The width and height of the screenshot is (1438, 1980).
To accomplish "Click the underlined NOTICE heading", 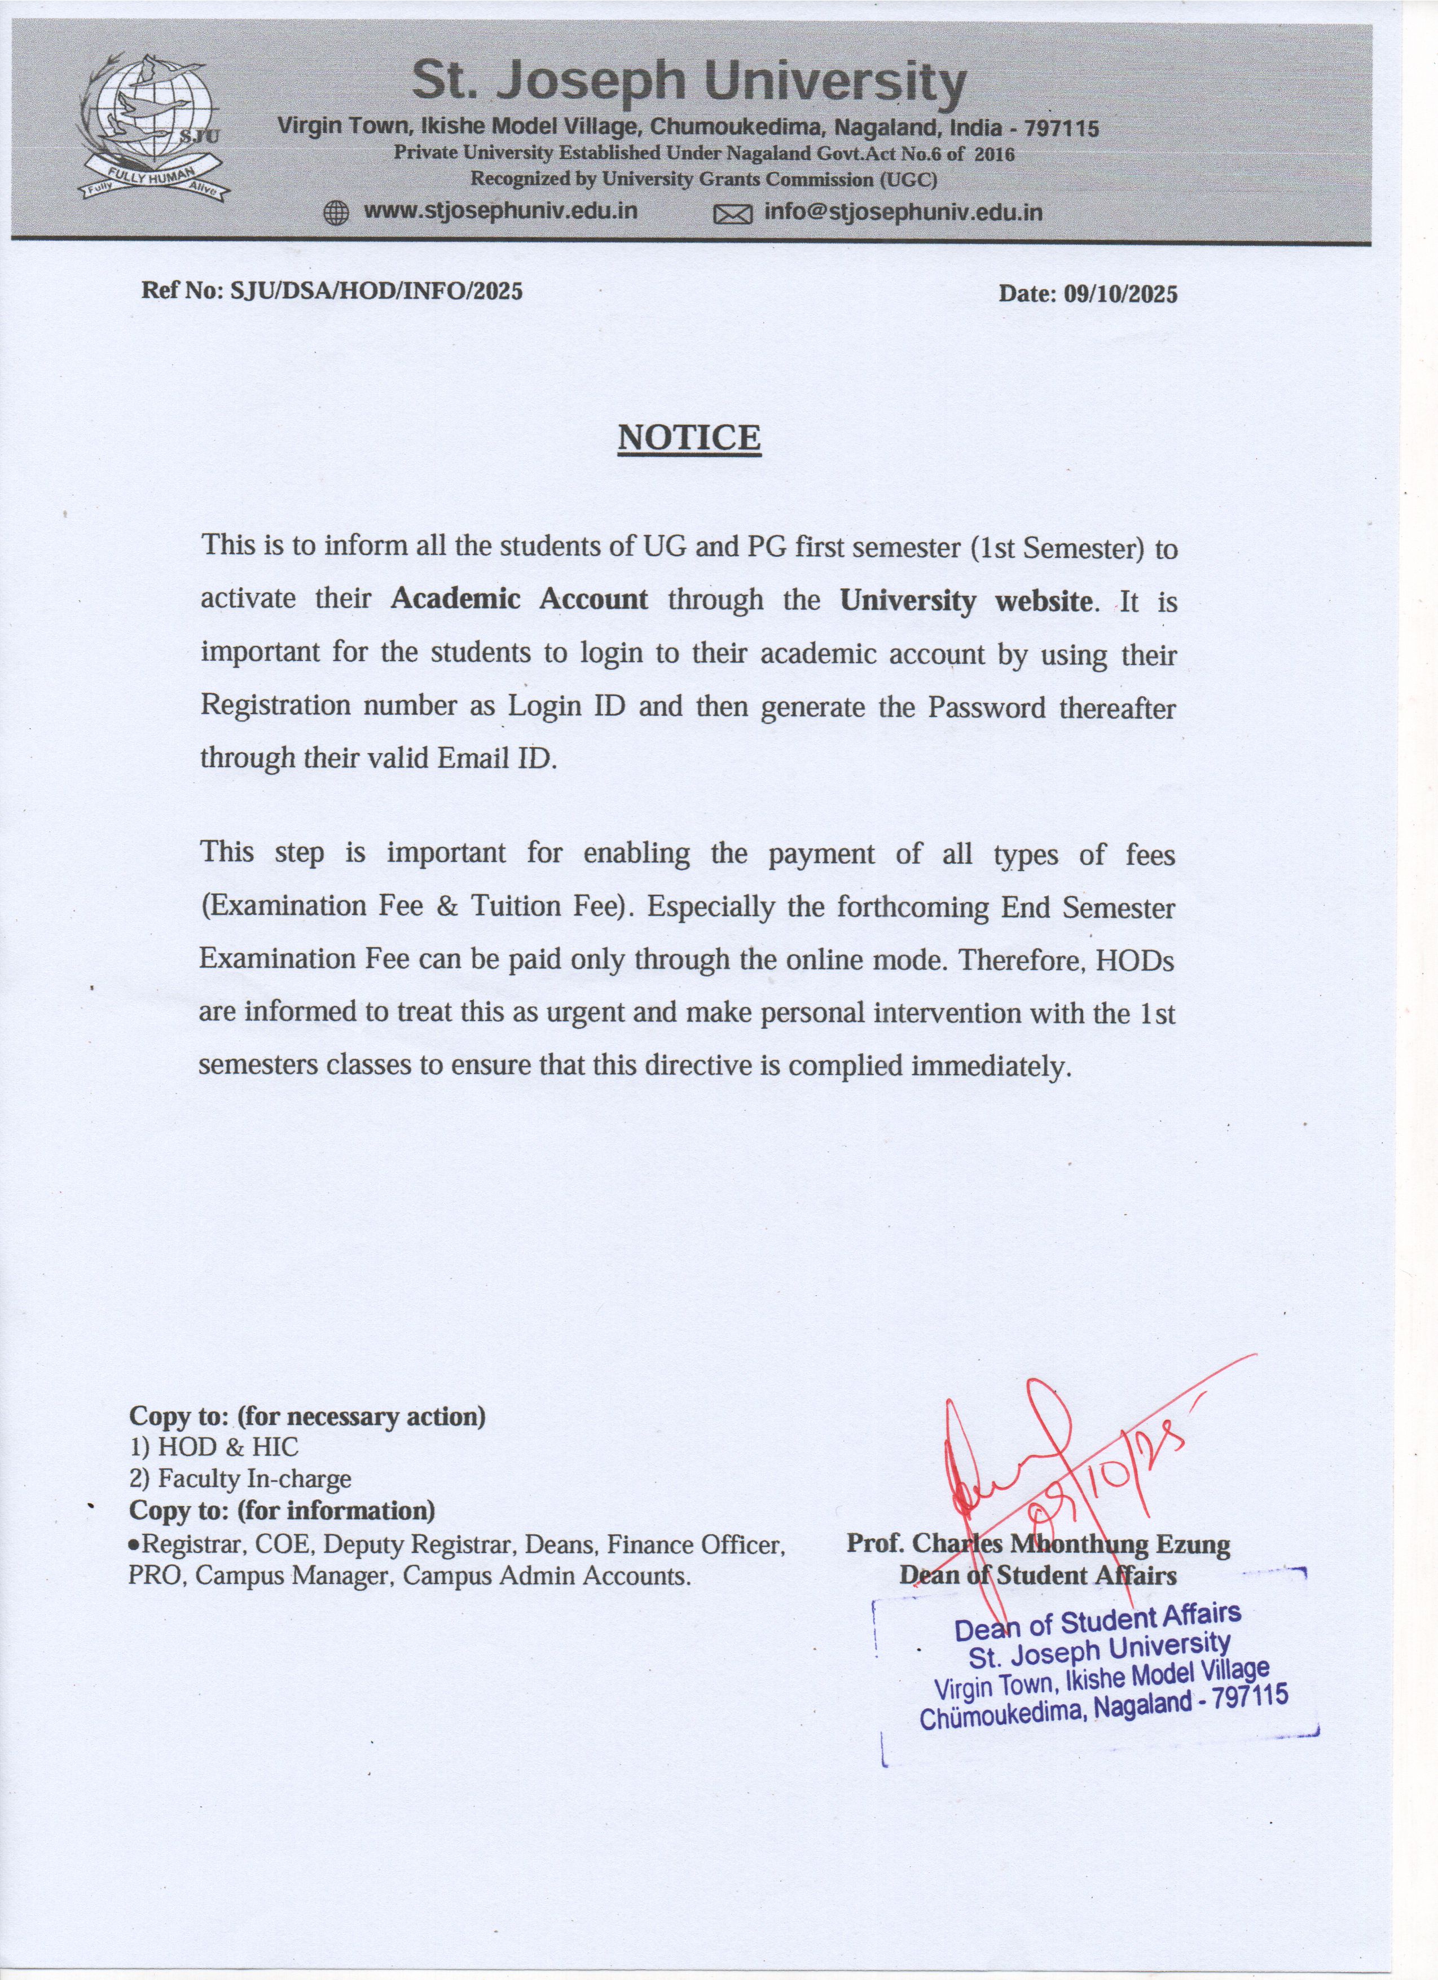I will click(689, 437).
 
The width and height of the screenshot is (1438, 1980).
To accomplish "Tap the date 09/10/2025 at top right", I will click(1120, 294).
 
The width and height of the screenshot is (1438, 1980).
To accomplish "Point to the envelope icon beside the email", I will click(732, 214).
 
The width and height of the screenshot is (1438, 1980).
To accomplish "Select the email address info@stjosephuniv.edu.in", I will click(903, 212).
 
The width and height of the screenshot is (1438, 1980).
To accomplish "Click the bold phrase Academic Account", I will click(520, 600).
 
